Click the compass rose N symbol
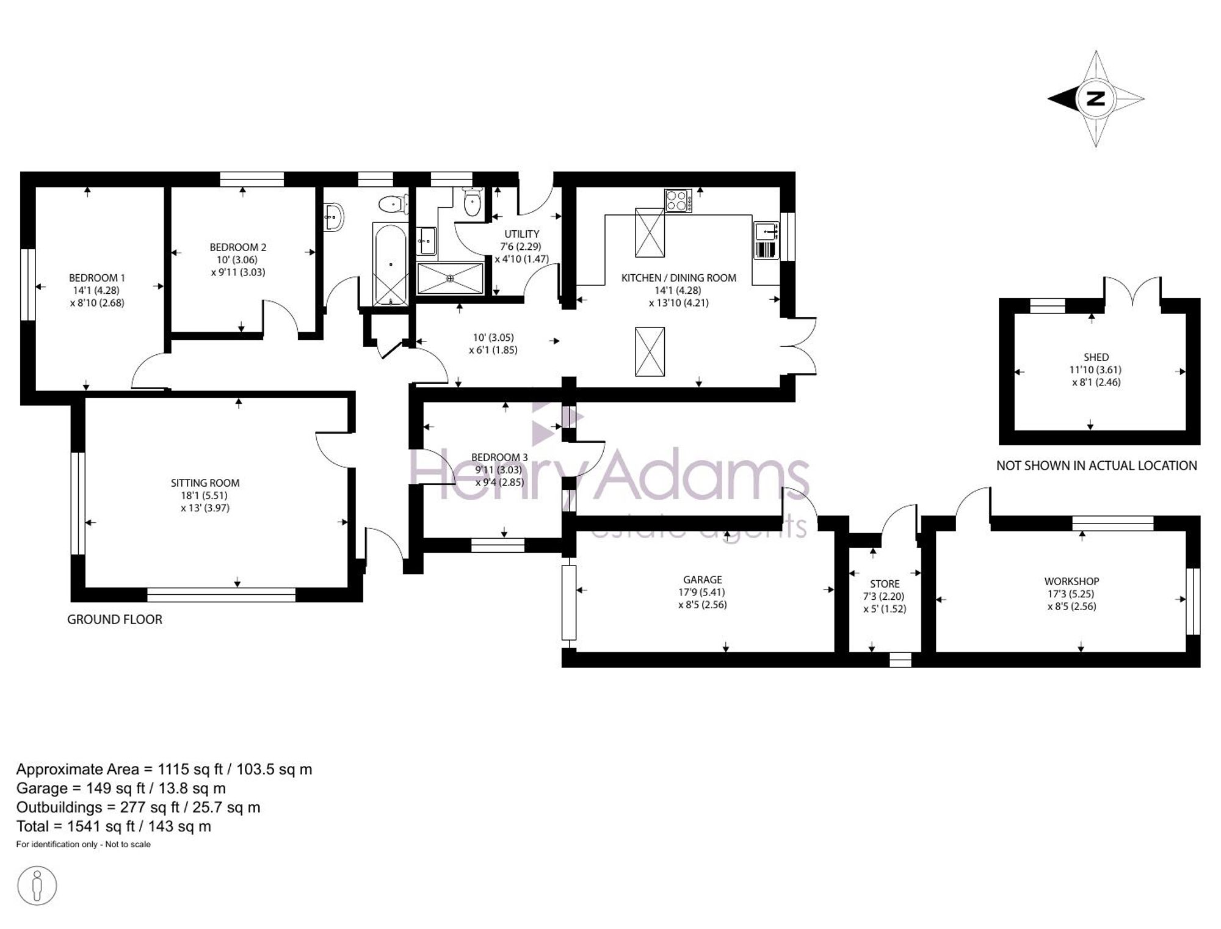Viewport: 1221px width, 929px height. click(1096, 98)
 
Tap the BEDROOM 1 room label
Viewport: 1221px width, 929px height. click(97, 278)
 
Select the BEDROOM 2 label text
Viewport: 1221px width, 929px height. click(238, 247)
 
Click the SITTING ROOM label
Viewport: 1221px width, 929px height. click(205, 483)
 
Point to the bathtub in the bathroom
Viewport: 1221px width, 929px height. click(390, 265)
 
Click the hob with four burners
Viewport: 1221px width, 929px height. click(678, 201)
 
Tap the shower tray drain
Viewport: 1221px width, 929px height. click(451, 279)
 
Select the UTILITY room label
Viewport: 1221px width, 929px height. click(522, 234)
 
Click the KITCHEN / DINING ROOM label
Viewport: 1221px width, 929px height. click(679, 278)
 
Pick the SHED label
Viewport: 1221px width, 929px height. click(1096, 357)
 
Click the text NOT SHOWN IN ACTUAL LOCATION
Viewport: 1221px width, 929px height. click(1096, 466)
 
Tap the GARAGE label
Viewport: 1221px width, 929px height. click(703, 580)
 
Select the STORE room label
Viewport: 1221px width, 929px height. click(885, 584)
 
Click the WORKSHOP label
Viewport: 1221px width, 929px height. click(1072, 581)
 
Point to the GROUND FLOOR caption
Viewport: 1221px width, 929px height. click(115, 619)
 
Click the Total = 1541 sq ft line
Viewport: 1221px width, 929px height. click(114, 826)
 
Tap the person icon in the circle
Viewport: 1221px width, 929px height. click(37, 885)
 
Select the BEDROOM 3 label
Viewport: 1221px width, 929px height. click(499, 457)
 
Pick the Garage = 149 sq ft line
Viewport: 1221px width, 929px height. click(121, 789)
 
